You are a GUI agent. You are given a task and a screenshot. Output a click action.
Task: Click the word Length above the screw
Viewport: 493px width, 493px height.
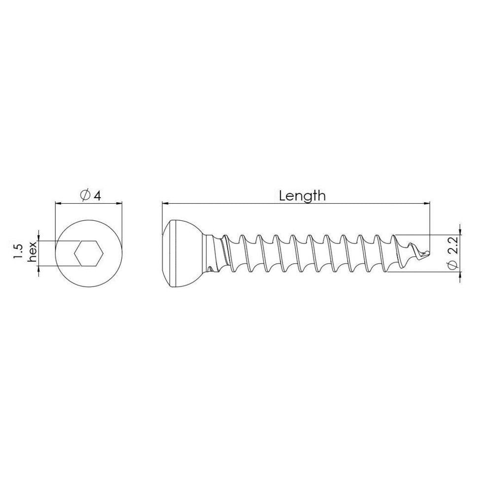pyautogui.click(x=302, y=196)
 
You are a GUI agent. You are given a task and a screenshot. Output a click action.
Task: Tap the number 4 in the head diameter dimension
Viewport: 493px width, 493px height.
pyautogui.click(x=97, y=196)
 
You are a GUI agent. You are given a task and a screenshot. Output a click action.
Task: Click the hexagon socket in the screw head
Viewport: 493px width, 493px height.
pyautogui.click(x=89, y=253)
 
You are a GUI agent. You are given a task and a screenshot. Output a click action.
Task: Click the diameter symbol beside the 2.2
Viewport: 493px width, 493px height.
pyautogui.click(x=453, y=265)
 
